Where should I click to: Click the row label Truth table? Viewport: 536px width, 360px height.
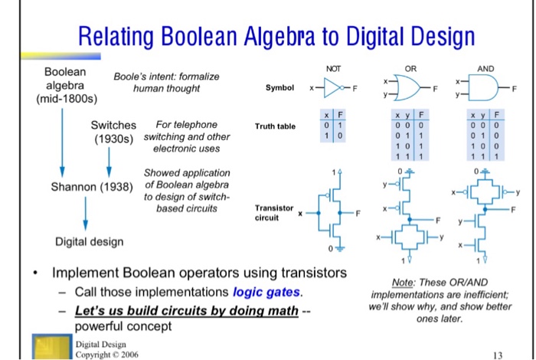(274, 126)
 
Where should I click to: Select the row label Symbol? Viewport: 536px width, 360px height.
(279, 89)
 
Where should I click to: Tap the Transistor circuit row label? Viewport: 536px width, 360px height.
(273, 212)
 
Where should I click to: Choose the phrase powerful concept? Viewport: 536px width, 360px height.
(123, 326)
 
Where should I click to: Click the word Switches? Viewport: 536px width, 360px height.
(113, 125)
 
